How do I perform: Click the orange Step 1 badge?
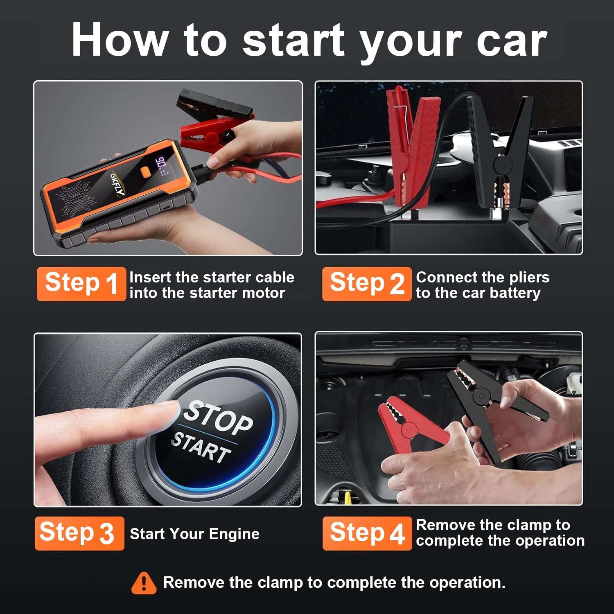tap(81, 284)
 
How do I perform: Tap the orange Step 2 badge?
tap(366, 284)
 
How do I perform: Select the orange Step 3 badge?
tap(79, 533)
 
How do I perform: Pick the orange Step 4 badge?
tap(367, 533)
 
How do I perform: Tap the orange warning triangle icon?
tap(144, 583)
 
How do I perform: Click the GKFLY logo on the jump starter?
tap(117, 184)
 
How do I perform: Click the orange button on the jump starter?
tap(144, 172)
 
